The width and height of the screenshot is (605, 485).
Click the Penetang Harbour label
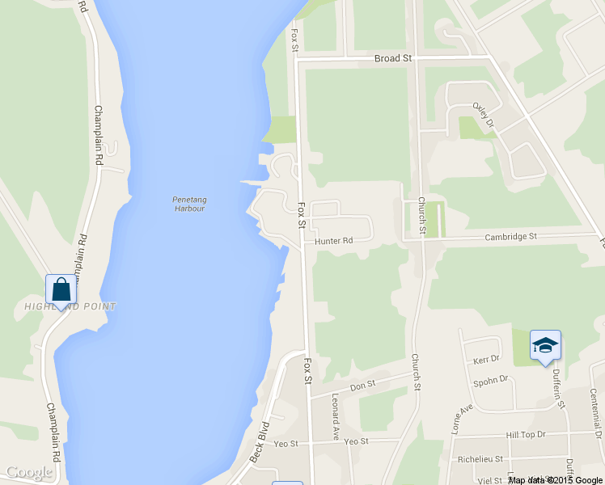(x=188, y=204)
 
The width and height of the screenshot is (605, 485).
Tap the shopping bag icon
(x=61, y=289)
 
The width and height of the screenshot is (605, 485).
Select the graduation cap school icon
(x=545, y=345)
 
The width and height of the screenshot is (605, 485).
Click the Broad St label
(x=393, y=58)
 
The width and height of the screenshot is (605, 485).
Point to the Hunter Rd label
(x=334, y=241)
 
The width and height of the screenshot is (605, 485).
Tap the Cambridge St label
(x=510, y=237)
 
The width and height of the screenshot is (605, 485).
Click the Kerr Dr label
(x=486, y=358)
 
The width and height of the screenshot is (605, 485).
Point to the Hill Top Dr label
(x=526, y=434)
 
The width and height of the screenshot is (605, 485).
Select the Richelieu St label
(x=480, y=458)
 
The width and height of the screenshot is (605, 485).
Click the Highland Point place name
(x=70, y=306)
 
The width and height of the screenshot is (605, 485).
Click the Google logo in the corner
(x=28, y=473)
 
